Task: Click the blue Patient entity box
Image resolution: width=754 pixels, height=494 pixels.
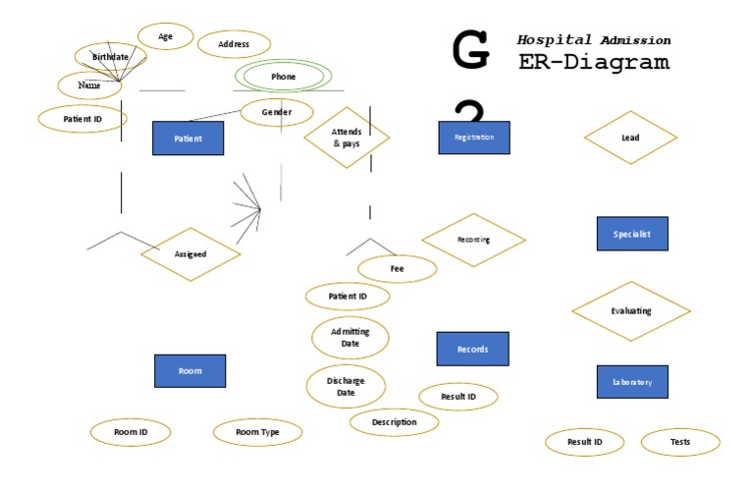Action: (x=188, y=138)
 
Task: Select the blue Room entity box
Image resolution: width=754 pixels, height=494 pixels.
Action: (x=189, y=371)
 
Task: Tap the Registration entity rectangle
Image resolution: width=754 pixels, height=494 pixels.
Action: (x=474, y=137)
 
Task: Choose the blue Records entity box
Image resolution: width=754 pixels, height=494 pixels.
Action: (x=472, y=349)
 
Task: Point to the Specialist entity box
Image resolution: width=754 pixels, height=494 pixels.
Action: (x=632, y=234)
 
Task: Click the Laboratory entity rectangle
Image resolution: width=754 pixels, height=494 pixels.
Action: (x=632, y=381)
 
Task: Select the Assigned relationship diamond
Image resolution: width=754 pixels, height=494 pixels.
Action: (x=190, y=254)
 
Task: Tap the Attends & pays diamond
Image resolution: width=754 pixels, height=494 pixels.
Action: (x=347, y=137)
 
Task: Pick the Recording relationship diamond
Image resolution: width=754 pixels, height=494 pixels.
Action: (x=473, y=240)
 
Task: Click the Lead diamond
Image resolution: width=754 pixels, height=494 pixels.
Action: (x=630, y=137)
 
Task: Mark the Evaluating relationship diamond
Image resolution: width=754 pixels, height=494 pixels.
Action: (x=630, y=310)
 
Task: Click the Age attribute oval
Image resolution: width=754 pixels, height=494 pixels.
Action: (x=165, y=36)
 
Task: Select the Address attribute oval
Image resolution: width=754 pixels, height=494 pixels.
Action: (x=234, y=44)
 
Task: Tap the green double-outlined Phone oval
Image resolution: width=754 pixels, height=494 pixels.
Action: (x=283, y=76)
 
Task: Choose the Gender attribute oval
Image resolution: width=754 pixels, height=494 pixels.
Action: (x=277, y=112)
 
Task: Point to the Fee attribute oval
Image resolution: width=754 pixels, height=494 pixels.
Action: (x=397, y=268)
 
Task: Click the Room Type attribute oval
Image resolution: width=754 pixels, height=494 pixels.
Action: (x=257, y=432)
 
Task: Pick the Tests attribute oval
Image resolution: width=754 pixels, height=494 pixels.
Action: (x=680, y=442)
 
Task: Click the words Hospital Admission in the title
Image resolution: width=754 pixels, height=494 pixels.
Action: (x=594, y=40)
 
